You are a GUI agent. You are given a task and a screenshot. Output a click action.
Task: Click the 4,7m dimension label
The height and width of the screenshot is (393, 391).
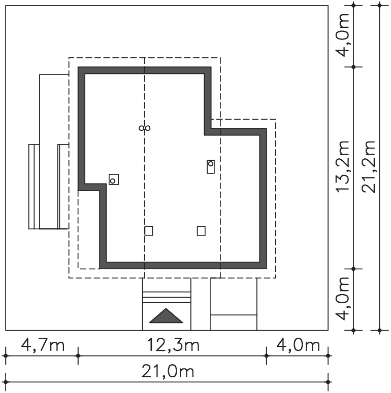(x=43, y=345)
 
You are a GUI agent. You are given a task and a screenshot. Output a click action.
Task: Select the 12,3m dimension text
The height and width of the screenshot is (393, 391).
(x=173, y=345)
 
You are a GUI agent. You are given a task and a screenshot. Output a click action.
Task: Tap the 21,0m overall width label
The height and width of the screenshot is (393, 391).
(x=168, y=371)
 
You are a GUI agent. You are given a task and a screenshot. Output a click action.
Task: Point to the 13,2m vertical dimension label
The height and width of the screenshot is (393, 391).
(x=343, y=167)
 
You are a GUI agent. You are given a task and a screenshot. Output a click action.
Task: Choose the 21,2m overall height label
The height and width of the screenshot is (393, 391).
(x=369, y=167)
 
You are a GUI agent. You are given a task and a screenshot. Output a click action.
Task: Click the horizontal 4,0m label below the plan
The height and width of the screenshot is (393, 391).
(x=298, y=345)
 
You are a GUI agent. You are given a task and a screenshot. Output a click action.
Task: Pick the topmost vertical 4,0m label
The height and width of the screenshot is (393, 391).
(x=343, y=35)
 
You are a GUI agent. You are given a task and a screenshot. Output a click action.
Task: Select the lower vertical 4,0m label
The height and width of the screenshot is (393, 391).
(x=343, y=299)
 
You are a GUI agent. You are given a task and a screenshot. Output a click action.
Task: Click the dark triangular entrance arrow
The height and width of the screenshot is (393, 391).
(x=166, y=316)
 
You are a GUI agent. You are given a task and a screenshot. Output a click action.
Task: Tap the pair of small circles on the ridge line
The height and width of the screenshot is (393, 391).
(x=145, y=128)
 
